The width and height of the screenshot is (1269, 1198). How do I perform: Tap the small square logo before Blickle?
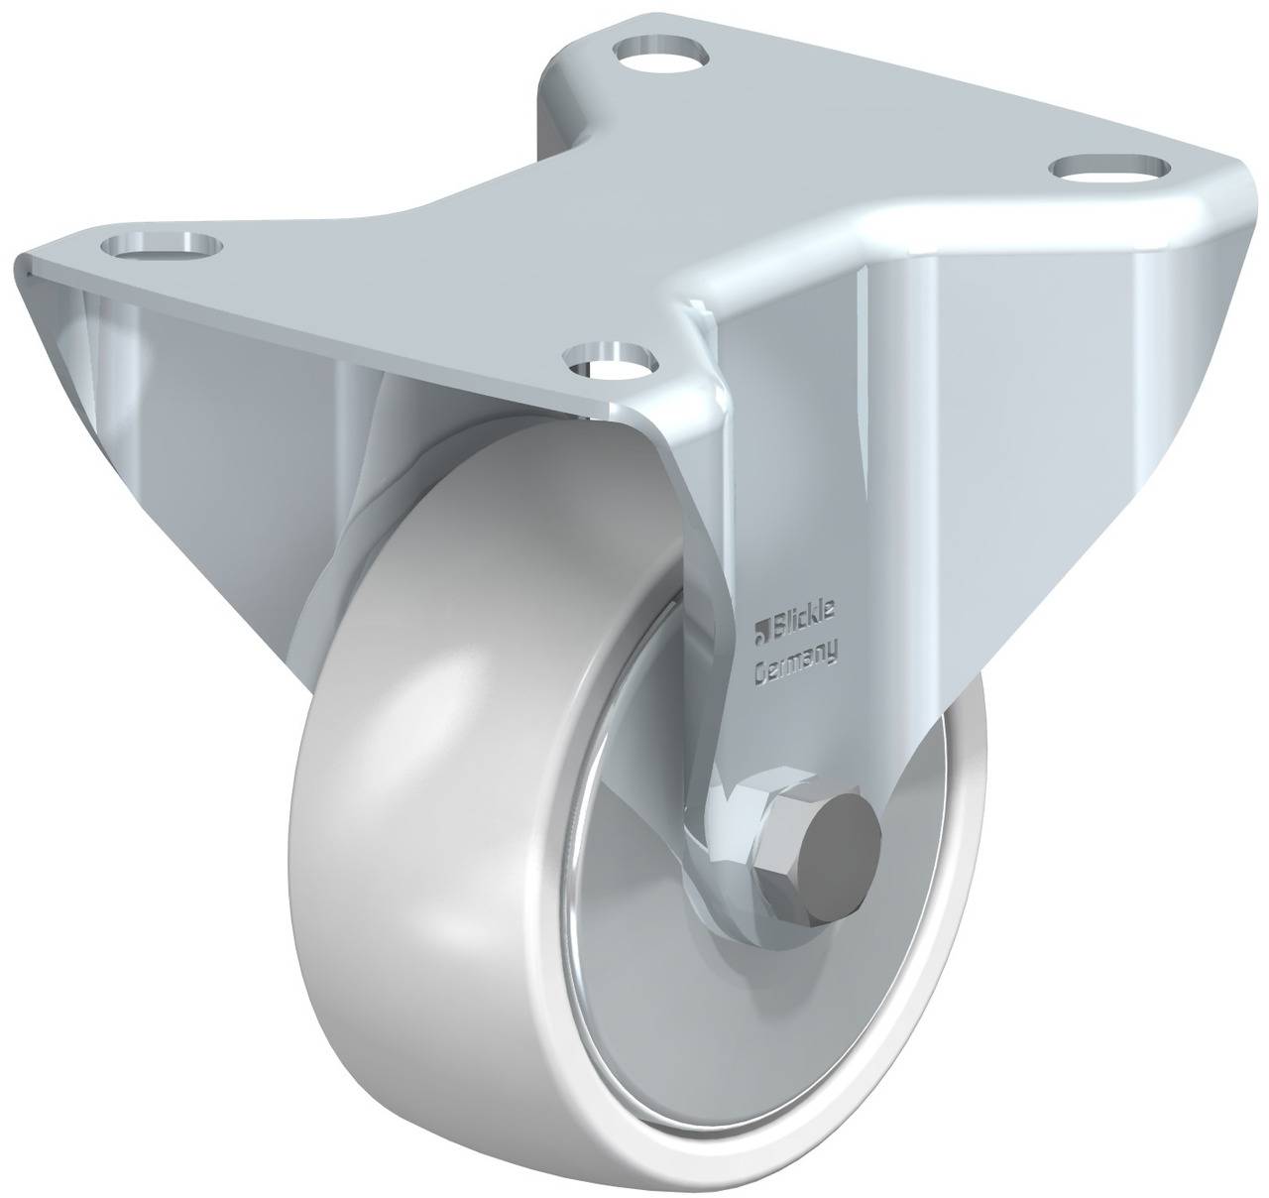coord(763,625)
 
